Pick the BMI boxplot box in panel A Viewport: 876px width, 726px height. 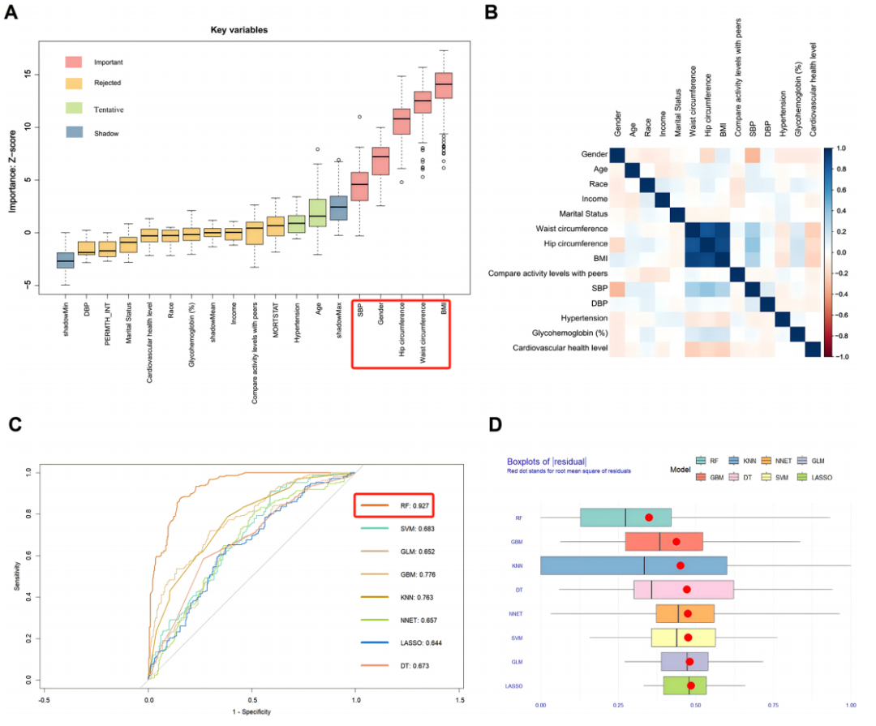tap(444, 85)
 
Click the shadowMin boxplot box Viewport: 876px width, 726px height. tap(66, 260)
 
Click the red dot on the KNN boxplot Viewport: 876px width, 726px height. tap(681, 565)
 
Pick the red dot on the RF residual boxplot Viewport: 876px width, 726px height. tap(649, 517)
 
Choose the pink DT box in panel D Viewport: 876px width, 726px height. tap(684, 589)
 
